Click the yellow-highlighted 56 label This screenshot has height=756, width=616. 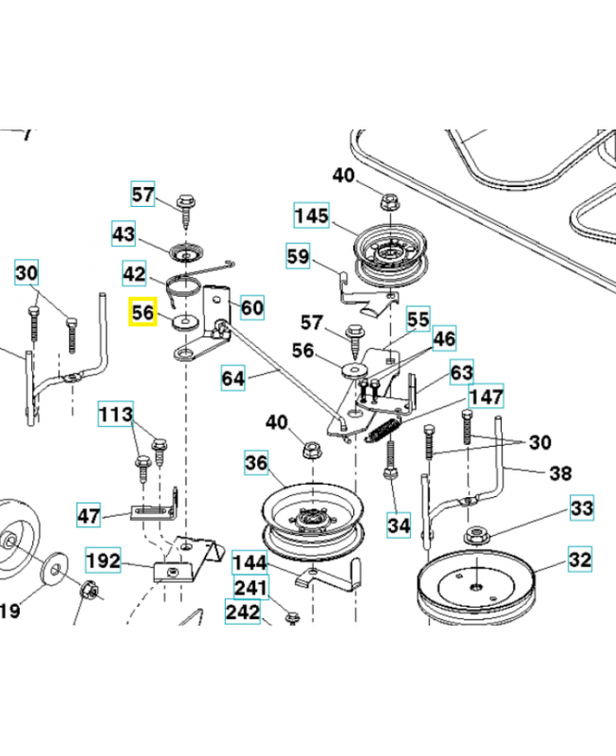[x=144, y=311]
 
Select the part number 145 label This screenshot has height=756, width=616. [x=311, y=216]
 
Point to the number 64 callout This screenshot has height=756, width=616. [x=233, y=379]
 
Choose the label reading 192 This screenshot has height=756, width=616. [x=104, y=560]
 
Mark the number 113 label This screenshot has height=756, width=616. [x=116, y=413]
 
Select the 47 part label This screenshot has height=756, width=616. [x=89, y=515]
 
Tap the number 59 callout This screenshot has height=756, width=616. [x=298, y=255]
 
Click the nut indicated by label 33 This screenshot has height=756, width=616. [x=475, y=538]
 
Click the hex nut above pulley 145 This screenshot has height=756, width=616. [x=388, y=201]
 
